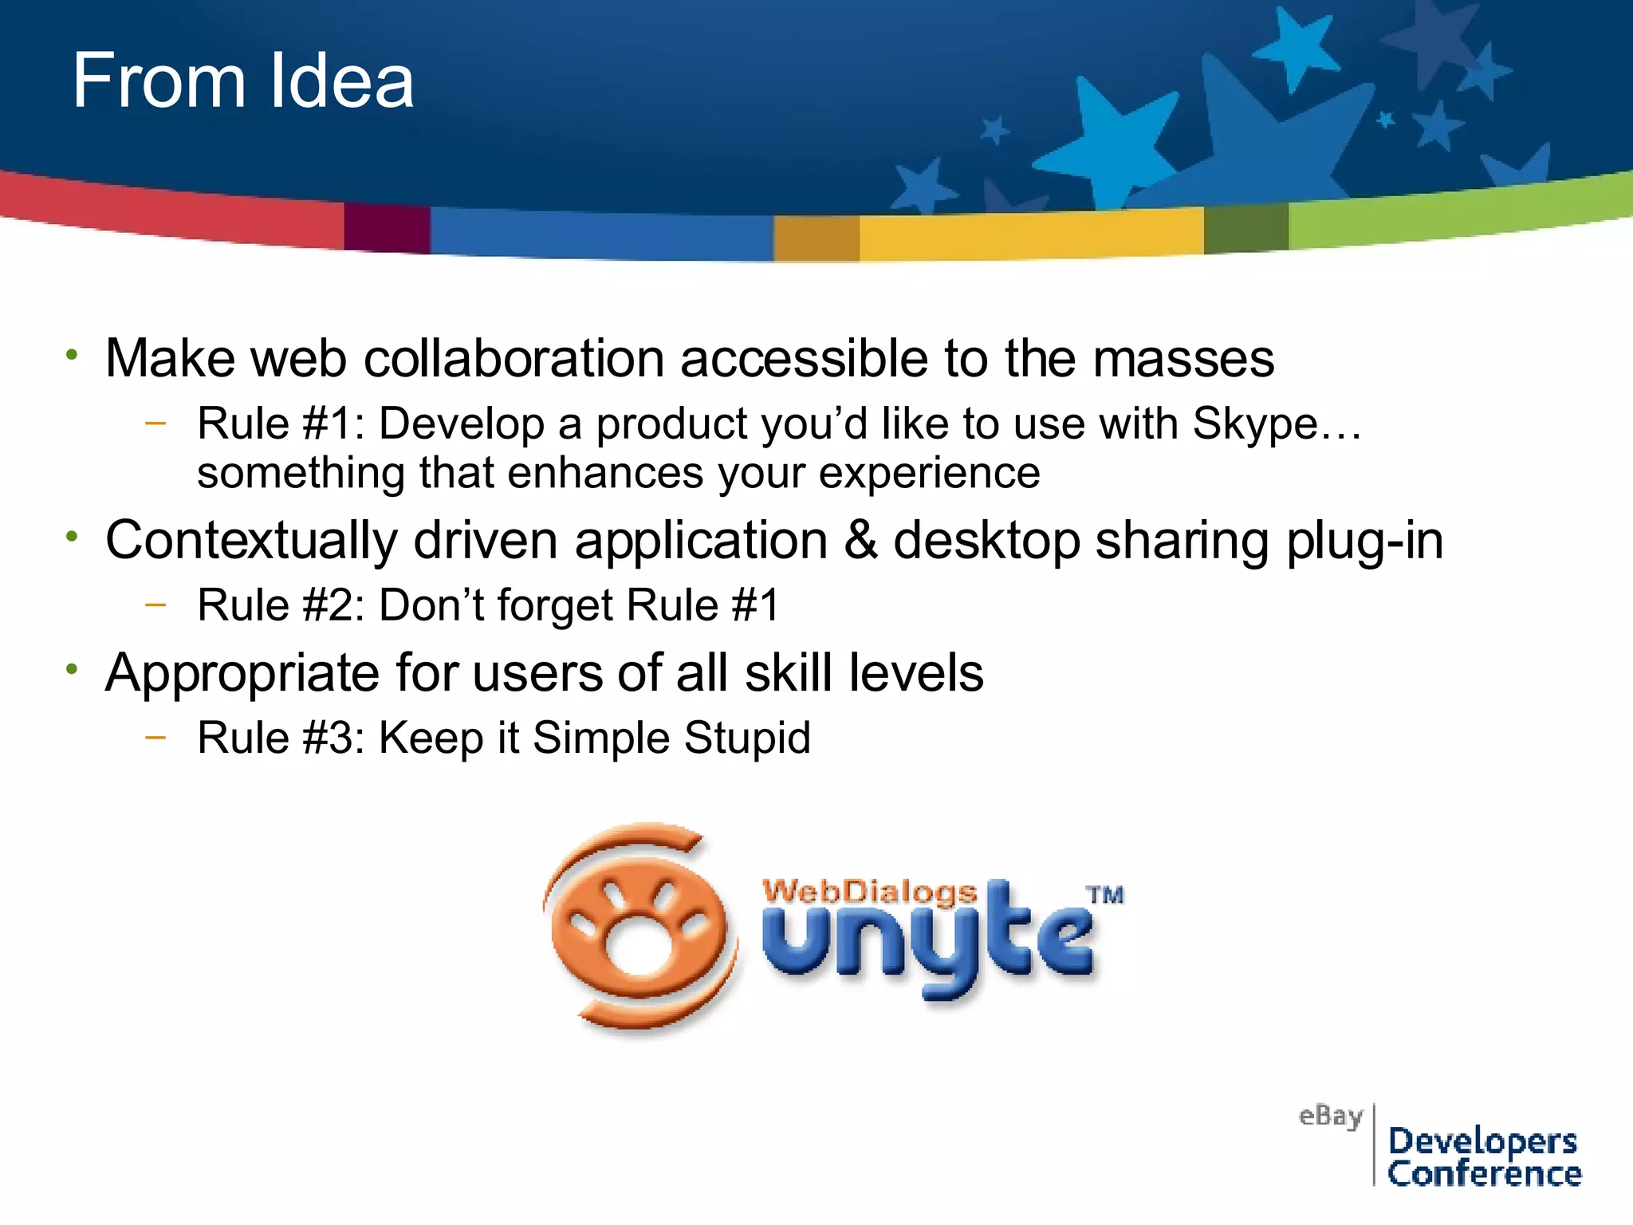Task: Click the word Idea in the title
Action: tap(341, 81)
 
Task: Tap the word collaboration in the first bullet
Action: tap(514, 359)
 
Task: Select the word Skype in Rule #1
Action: tap(1255, 424)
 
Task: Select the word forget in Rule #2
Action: tap(555, 605)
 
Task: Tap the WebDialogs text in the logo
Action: tap(869, 892)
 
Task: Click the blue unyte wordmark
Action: tap(925, 941)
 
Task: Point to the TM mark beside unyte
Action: tap(1106, 895)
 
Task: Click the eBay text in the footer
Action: tap(1330, 1117)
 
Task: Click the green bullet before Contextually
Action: tap(73, 537)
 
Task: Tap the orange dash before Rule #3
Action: tap(156, 737)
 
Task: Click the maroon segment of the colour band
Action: tap(387, 228)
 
